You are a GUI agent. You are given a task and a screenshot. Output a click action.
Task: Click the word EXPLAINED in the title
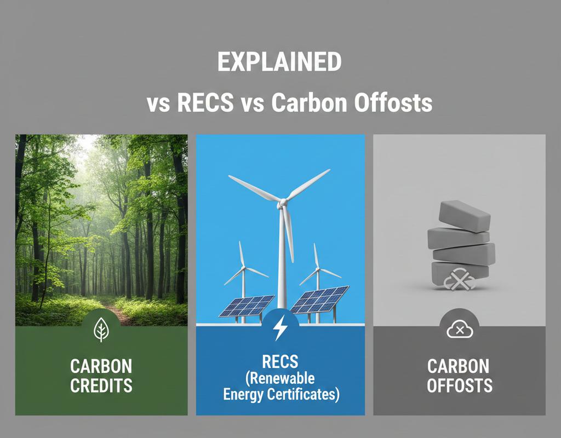279,63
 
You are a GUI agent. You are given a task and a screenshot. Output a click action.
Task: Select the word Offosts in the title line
390,103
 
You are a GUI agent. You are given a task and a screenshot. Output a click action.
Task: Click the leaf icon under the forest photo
101,330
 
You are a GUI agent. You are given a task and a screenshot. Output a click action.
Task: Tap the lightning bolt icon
280,329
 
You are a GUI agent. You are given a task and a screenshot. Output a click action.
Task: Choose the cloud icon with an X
459,330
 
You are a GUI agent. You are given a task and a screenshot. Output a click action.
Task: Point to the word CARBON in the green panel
101,366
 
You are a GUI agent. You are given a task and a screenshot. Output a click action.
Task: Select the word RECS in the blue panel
280,361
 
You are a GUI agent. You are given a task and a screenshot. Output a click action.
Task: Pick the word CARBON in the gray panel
459,366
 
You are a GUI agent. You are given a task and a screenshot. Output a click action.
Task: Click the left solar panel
247,306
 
